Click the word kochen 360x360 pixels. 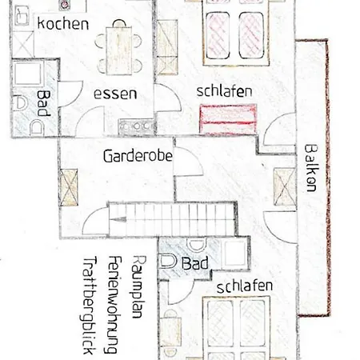pyautogui.click(x=62, y=23)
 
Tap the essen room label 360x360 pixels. pyautogui.click(x=115, y=94)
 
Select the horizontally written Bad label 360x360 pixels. pyautogui.click(x=194, y=263)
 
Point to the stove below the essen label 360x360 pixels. pyautogui.click(x=130, y=125)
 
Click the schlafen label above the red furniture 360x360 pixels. pyautogui.click(x=225, y=92)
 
